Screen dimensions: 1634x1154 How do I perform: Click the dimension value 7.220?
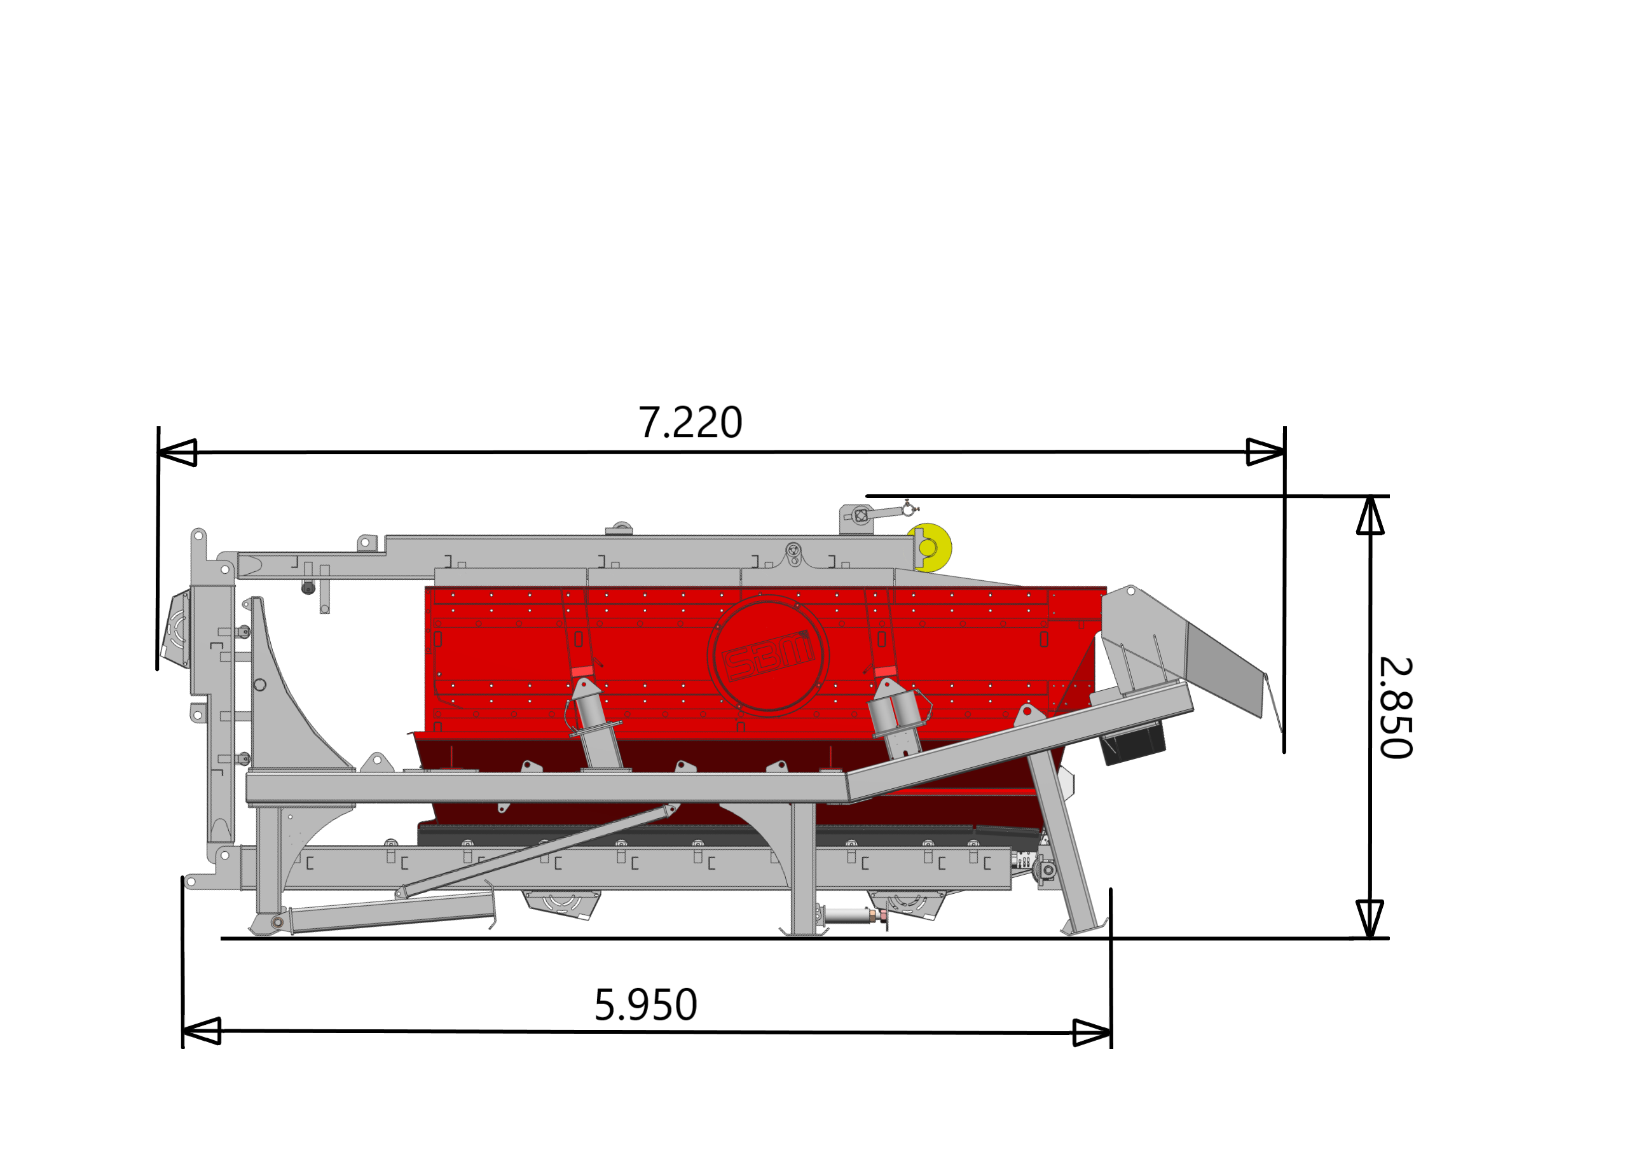[690, 422]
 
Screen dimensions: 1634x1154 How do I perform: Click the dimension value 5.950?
[645, 1005]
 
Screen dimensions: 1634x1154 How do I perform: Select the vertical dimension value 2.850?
[1396, 708]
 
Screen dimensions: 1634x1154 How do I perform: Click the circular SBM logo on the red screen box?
[768, 656]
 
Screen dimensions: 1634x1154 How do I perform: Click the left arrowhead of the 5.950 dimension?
[202, 1031]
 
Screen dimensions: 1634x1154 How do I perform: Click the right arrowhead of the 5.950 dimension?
[1092, 1032]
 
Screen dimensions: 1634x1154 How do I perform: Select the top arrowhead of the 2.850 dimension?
[1370, 515]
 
